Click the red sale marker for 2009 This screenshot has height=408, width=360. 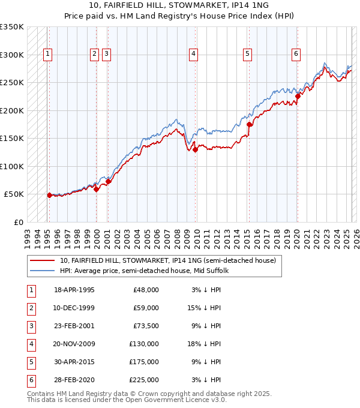point(196,150)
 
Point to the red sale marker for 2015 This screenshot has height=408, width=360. point(249,125)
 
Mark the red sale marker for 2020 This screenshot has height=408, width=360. point(298,95)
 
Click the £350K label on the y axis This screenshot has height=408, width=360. point(12,27)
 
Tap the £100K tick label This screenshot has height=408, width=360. point(12,166)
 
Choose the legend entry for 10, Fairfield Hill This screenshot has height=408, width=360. point(167,260)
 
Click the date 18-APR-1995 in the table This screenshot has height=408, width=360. point(74,290)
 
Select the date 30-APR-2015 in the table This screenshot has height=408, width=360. point(74,362)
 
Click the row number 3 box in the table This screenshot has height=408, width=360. point(30,326)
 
